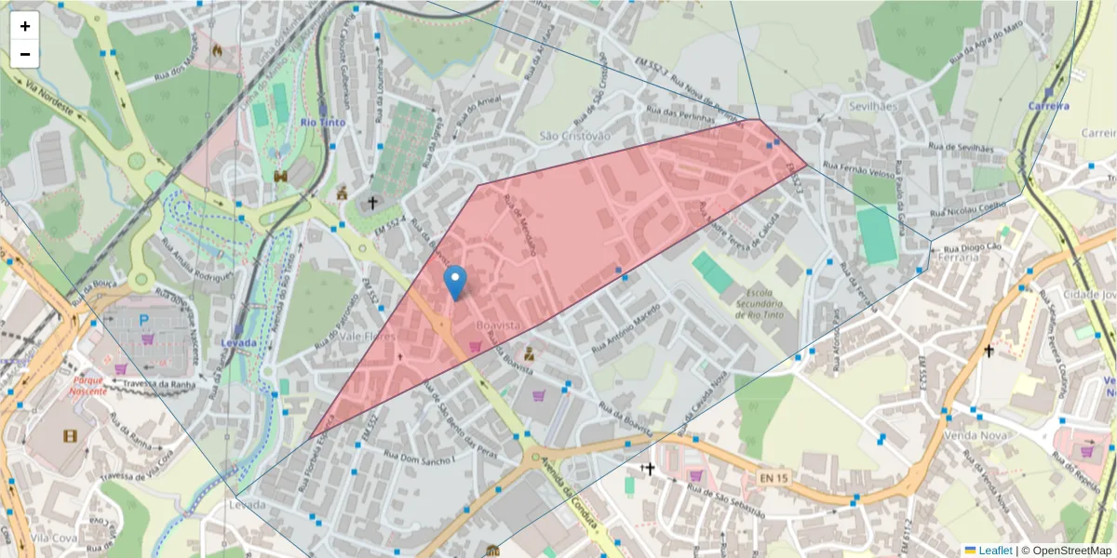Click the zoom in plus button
point(25,26)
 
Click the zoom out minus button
point(25,54)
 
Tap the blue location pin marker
point(455,282)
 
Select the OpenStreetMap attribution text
point(1066,551)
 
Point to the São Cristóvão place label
point(575,136)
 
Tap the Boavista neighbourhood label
point(497,325)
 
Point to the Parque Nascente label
point(90,385)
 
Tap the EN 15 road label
point(774,478)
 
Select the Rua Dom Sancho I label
point(418,456)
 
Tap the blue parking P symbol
point(144,320)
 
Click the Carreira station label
point(1048,106)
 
